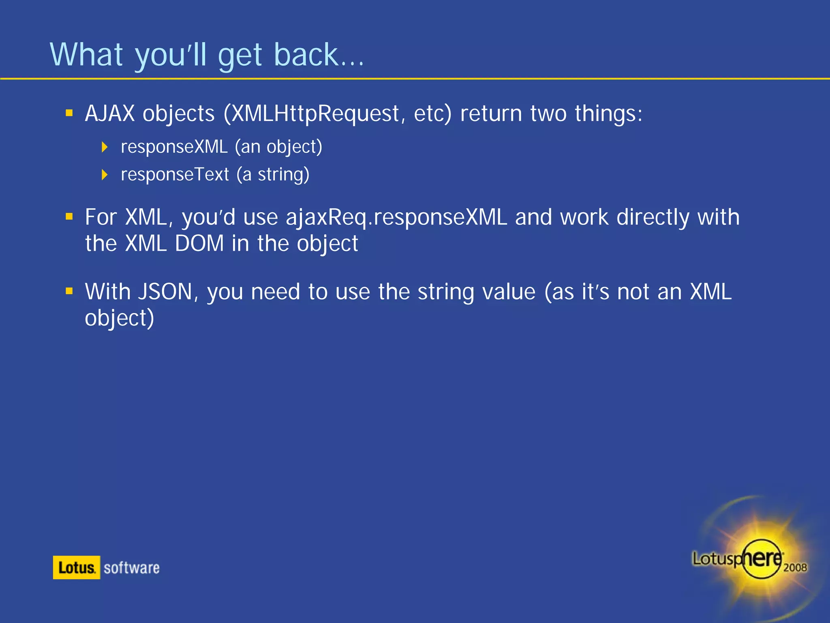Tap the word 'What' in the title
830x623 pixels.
86,55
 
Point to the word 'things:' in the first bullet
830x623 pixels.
608,113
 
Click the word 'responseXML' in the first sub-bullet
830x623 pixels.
174,147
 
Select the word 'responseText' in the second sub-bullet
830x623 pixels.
175,174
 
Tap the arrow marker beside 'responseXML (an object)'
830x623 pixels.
105,147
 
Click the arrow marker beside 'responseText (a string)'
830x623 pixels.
105,175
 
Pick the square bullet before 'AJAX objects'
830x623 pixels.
69,113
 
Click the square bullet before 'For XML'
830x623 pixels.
69,217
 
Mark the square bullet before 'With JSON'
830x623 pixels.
69,291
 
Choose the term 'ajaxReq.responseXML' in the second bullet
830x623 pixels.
396,217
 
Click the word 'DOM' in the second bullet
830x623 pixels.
199,243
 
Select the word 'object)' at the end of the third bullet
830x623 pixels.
120,318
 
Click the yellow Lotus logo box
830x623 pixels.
76,567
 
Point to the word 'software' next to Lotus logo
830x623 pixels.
131,568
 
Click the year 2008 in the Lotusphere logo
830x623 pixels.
795,567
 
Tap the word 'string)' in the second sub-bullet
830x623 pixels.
284,175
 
